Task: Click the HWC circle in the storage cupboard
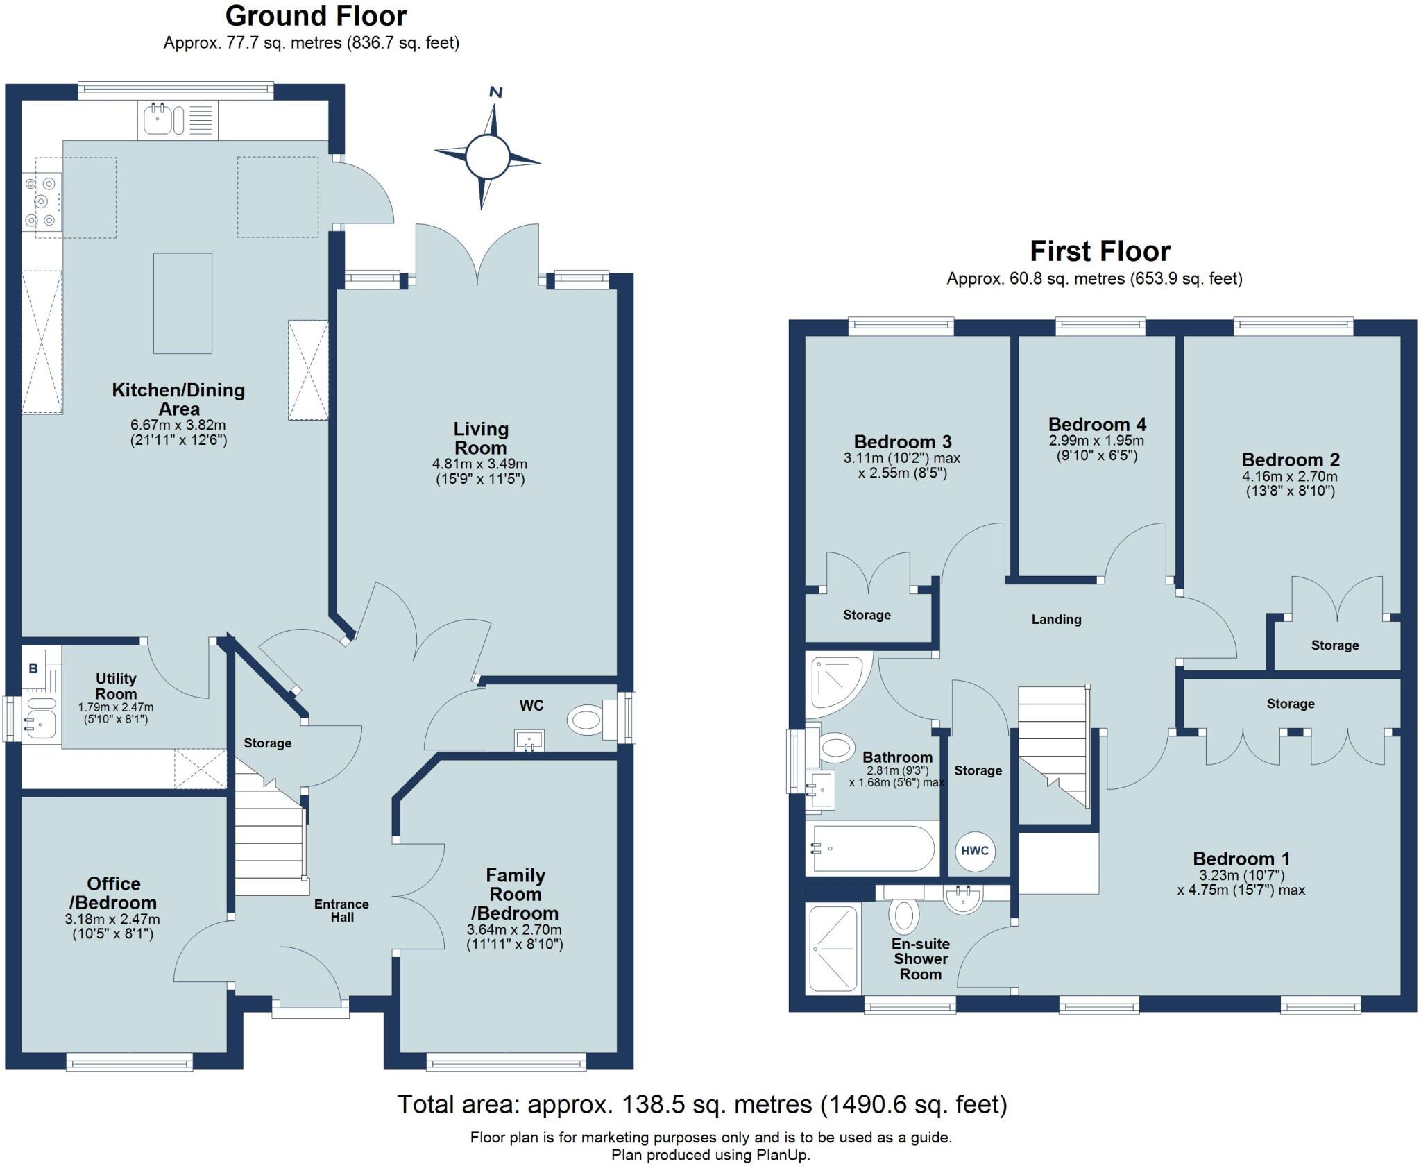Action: point(975,850)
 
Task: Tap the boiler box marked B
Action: point(33,668)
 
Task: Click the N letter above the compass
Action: point(495,92)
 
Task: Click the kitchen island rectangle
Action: point(182,303)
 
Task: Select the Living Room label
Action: point(481,438)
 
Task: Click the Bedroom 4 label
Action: point(1097,424)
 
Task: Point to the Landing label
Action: point(1056,619)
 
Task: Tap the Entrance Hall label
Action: point(341,911)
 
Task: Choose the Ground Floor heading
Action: point(316,16)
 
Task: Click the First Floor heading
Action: point(1100,251)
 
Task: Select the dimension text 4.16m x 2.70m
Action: point(1290,476)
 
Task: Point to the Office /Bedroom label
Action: point(113,893)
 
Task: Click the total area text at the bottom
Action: point(702,1104)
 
